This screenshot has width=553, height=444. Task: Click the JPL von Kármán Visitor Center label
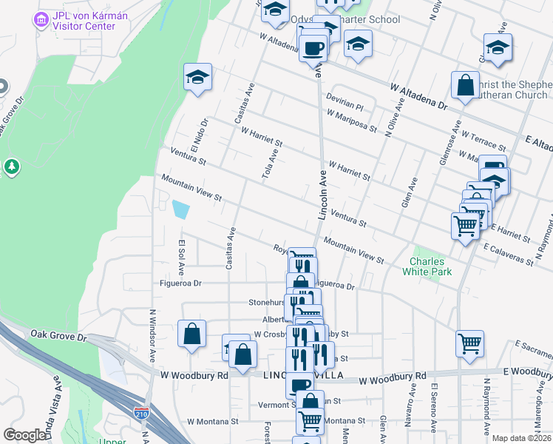(85, 21)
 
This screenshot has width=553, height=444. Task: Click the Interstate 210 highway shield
(141, 410)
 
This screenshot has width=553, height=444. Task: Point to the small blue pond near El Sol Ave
(180, 209)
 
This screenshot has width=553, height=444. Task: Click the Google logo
(24, 435)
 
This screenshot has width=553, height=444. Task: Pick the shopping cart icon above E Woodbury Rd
(469, 344)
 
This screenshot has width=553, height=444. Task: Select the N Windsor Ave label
(152, 337)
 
